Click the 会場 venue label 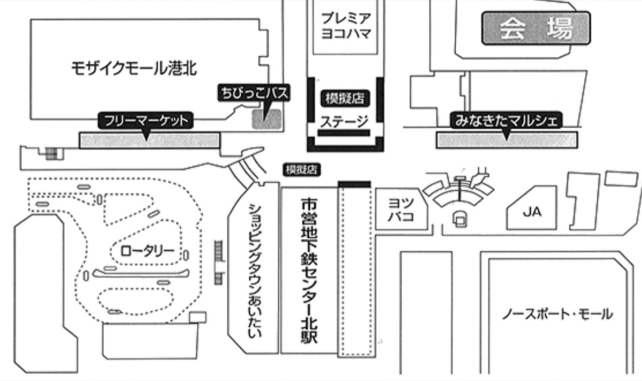[536, 28]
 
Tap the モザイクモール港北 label [134, 68]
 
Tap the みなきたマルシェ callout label [506, 121]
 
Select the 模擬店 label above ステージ [345, 98]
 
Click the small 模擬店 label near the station [301, 170]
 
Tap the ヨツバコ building [401, 209]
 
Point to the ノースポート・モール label [557, 314]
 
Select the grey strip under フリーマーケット [149, 141]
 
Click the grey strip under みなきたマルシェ [507, 140]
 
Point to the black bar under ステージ [345, 133]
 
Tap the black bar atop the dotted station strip [354, 184]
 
